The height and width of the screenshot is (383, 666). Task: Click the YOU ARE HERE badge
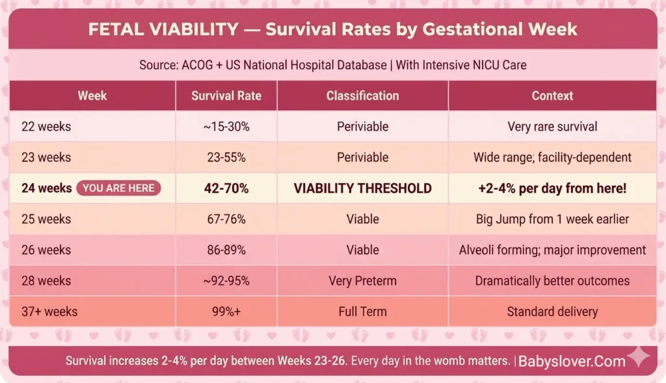(x=118, y=188)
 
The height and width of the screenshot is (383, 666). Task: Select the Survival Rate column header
(x=226, y=95)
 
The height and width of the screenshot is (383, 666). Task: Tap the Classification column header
(x=362, y=95)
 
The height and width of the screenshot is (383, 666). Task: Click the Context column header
(x=552, y=95)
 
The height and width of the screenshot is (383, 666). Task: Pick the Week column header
(x=92, y=95)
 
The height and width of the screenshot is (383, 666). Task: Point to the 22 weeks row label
(x=46, y=127)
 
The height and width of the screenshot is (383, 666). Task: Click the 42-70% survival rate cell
(x=226, y=188)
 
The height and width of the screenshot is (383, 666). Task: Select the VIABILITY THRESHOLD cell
(x=362, y=188)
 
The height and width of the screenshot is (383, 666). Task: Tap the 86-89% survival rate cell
(x=226, y=250)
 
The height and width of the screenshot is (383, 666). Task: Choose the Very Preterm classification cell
(x=362, y=281)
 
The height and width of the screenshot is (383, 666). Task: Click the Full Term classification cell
(x=362, y=312)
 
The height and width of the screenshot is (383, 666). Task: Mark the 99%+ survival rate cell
(x=226, y=312)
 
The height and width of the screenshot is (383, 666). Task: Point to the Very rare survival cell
(x=552, y=127)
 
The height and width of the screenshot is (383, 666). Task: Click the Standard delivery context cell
(x=552, y=312)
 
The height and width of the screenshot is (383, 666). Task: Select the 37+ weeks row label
(x=49, y=312)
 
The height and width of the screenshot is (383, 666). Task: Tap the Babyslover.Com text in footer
(x=572, y=361)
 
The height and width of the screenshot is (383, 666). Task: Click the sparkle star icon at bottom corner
(x=638, y=357)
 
